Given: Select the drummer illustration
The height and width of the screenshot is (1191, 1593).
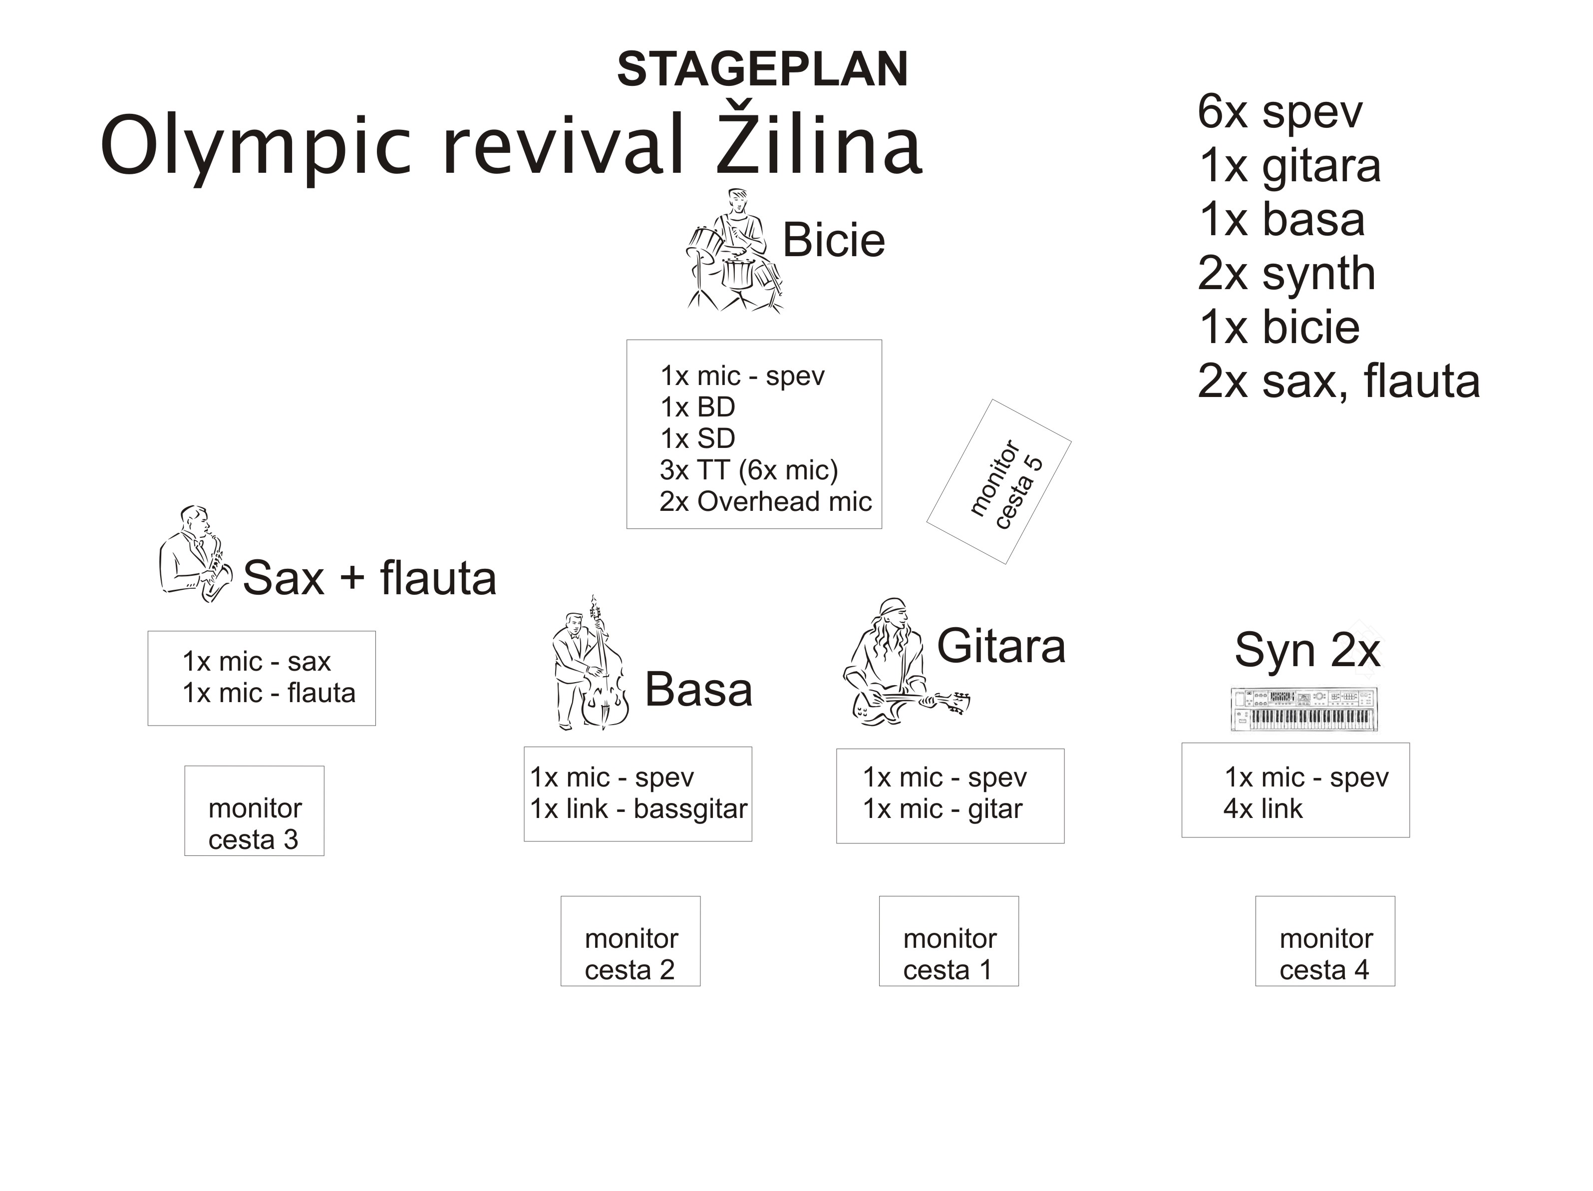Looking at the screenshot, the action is tap(734, 250).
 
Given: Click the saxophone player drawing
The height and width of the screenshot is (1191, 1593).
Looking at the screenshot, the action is tap(196, 553).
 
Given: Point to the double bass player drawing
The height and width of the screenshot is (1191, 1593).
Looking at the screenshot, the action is tap(590, 663).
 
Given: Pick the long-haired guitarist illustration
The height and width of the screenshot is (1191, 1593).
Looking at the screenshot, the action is tap(905, 661).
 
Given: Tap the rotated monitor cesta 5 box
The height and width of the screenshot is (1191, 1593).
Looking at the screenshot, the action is tap(999, 482).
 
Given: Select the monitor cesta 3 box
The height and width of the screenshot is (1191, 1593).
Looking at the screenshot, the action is tap(254, 810).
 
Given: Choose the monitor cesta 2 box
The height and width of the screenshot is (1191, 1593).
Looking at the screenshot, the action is tap(630, 941).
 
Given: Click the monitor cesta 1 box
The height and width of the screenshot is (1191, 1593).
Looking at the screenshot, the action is tap(949, 941).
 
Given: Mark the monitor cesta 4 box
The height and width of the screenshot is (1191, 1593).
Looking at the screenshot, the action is tap(1325, 941).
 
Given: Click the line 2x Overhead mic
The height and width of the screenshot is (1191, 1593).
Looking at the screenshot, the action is tap(765, 501).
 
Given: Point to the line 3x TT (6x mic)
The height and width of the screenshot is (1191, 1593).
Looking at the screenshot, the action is tap(749, 470).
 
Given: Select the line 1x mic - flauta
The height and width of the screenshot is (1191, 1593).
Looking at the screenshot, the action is tap(269, 693).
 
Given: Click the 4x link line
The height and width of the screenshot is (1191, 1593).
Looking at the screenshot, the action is tap(1263, 809).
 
